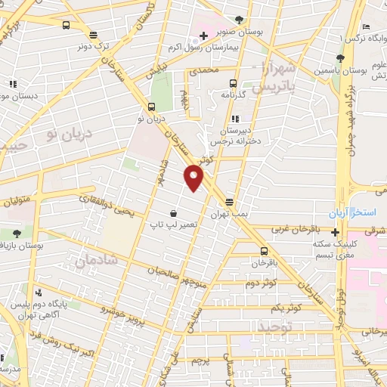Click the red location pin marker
pyautogui.click(x=194, y=178)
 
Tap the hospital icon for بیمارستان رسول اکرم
pyautogui.click(x=204, y=35)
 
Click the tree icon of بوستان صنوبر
pyautogui.click(x=240, y=20)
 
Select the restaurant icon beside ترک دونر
pyautogui.click(x=93, y=34)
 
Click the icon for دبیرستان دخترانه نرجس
pyautogui.click(x=235, y=119)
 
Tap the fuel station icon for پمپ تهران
pyautogui.click(x=230, y=202)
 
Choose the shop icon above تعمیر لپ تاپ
pyautogui.click(x=175, y=213)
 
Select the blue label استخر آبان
pyautogui.click(x=358, y=212)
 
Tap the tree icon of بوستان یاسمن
pyautogui.click(x=341, y=57)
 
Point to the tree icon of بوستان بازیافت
pyautogui.click(x=17, y=234)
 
